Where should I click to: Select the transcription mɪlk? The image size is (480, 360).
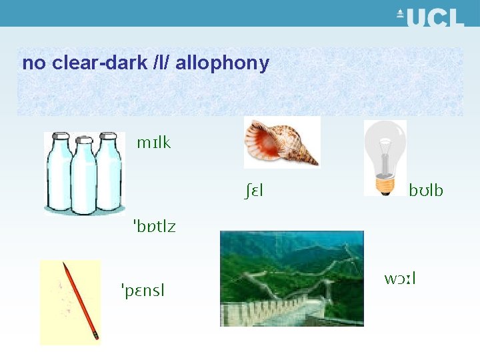pyautogui.click(x=153, y=143)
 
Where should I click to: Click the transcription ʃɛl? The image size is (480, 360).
pyautogui.click(x=253, y=191)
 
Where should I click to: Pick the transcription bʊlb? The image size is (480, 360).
pyautogui.click(x=425, y=191)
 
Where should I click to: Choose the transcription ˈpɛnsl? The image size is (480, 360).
pyautogui.click(x=143, y=290)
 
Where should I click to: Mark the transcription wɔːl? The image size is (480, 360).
pyautogui.click(x=400, y=277)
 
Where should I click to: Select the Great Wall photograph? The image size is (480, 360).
pyautogui.click(x=291, y=278)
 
